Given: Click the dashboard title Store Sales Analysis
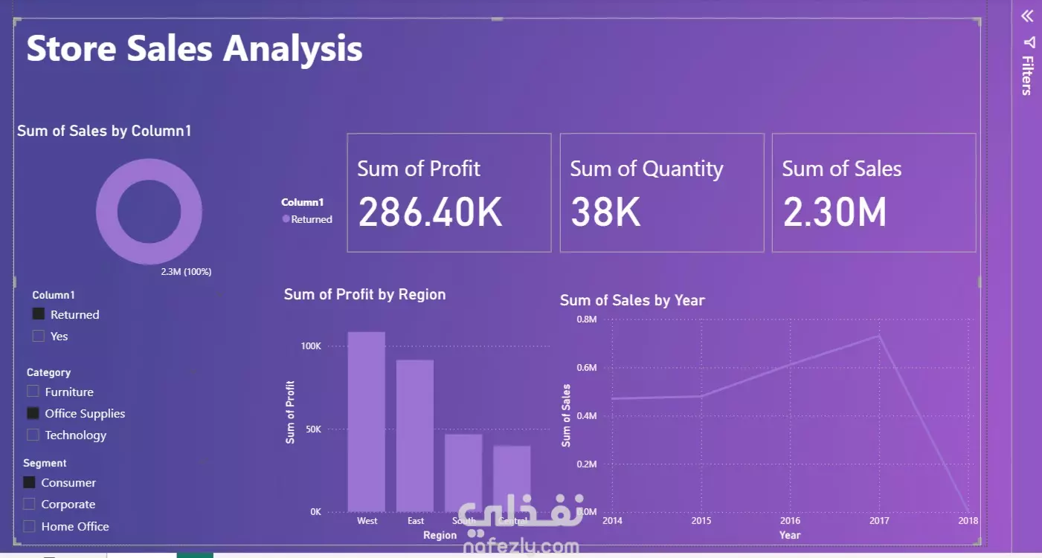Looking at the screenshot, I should tap(194, 49).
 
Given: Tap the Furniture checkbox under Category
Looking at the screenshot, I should tap(33, 392).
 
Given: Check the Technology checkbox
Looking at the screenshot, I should tap(33, 435).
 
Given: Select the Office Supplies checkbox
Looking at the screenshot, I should tap(33, 413).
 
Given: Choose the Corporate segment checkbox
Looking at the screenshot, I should tap(29, 504).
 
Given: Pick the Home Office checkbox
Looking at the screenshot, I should tap(29, 526).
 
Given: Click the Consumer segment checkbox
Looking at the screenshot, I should tap(29, 482).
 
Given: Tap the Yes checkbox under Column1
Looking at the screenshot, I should tap(39, 336).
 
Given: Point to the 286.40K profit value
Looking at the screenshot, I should tap(430, 212).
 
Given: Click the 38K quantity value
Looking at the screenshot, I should tap(605, 212).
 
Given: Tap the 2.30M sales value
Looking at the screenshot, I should tap(834, 212).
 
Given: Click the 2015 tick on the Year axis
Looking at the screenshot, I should tap(701, 521).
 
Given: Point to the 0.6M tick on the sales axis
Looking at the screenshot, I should tap(587, 368).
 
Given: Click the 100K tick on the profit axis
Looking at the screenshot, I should tap(311, 346).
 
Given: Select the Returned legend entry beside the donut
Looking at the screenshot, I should tap(307, 219).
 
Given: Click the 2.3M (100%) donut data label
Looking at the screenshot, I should tap(186, 272).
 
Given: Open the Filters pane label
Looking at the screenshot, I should tap(1027, 75).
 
